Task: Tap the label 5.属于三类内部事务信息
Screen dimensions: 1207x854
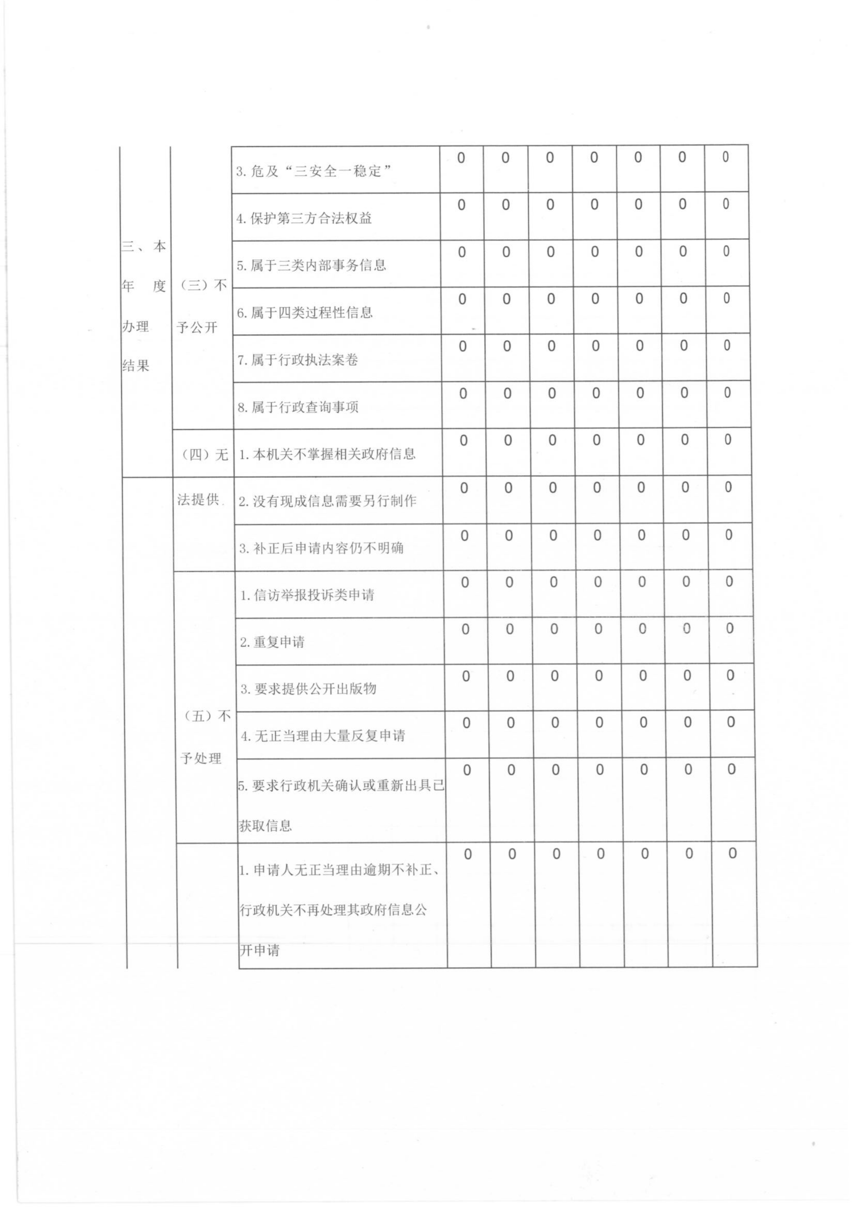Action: pos(311,266)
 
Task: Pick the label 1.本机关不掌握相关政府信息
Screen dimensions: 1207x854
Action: pos(327,454)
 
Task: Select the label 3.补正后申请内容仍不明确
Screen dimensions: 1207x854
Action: pos(321,548)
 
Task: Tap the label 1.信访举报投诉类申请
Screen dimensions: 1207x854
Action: pos(307,595)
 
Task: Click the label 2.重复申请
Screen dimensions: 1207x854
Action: pos(272,642)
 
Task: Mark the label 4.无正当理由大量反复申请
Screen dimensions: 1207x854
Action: pos(323,736)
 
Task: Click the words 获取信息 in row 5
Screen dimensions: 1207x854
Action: pos(266,826)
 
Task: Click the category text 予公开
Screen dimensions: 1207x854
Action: pos(197,327)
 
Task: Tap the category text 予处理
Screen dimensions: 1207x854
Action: pos(201,759)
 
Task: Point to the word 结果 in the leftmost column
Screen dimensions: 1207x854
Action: pos(136,365)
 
